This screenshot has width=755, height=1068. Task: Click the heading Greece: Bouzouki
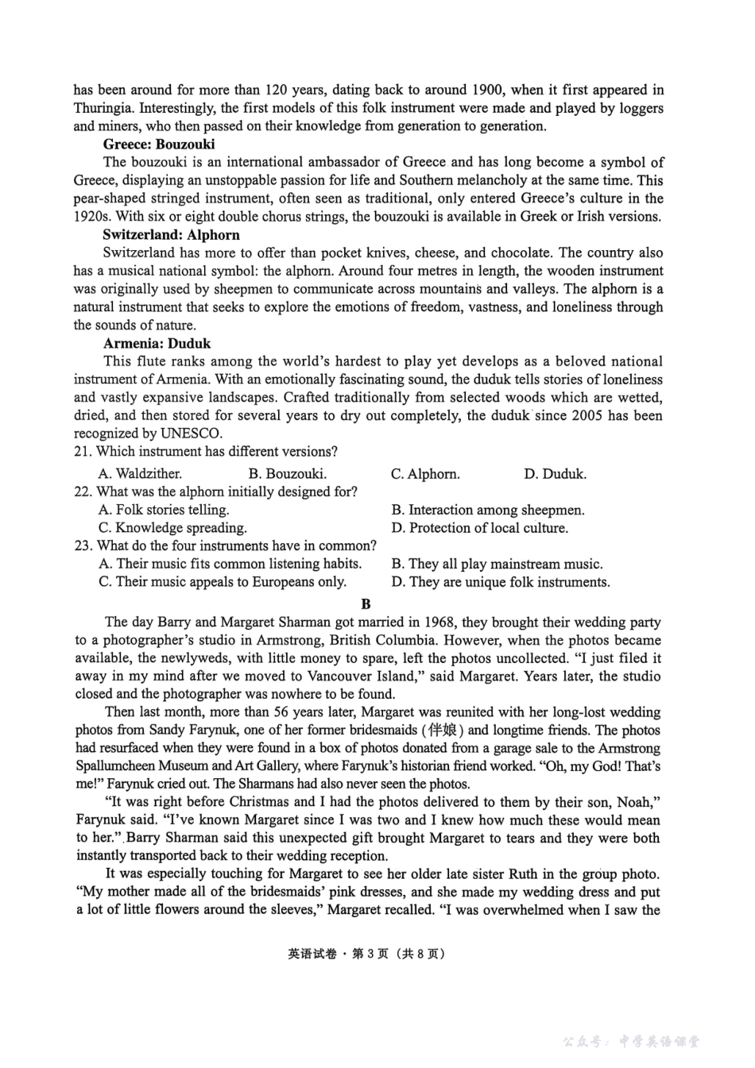click(159, 144)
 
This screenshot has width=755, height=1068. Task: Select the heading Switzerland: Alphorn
click(171, 234)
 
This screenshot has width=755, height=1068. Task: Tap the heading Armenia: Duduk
click(157, 343)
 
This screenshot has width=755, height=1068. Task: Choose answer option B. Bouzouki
click(287, 474)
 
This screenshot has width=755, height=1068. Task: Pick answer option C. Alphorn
click(425, 474)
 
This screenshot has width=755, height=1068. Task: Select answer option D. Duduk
click(555, 474)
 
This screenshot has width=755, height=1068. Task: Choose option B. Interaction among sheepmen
click(488, 510)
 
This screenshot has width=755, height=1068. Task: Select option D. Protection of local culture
click(479, 528)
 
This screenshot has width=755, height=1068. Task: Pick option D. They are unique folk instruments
click(501, 582)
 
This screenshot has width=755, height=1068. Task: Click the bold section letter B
click(366, 603)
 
